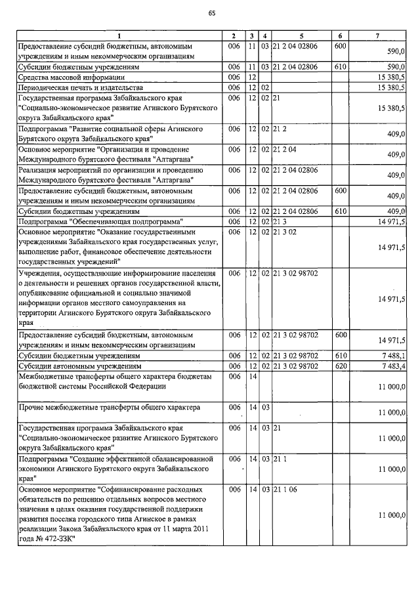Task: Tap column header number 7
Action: pyautogui.click(x=376, y=35)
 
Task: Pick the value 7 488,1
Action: pyautogui.click(x=391, y=355)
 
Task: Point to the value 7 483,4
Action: pyautogui.click(x=391, y=365)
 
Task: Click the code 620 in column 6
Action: pyautogui.click(x=340, y=365)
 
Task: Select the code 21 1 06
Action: pyautogui.click(x=287, y=490)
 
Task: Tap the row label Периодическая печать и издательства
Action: pyautogui.click(x=81, y=87)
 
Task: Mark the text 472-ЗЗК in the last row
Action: pyautogui.click(x=60, y=539)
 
